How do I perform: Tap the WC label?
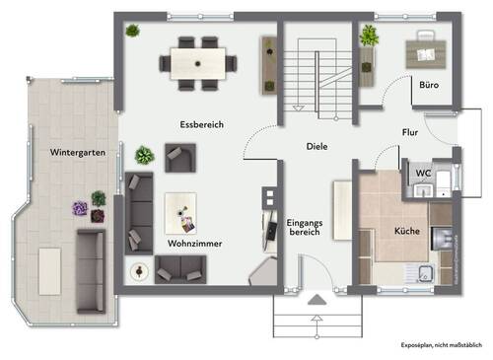(422, 174)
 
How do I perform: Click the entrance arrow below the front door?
(316, 299)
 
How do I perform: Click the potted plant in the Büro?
(369, 36)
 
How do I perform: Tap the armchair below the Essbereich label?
(179, 156)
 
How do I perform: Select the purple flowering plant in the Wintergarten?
(80, 208)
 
